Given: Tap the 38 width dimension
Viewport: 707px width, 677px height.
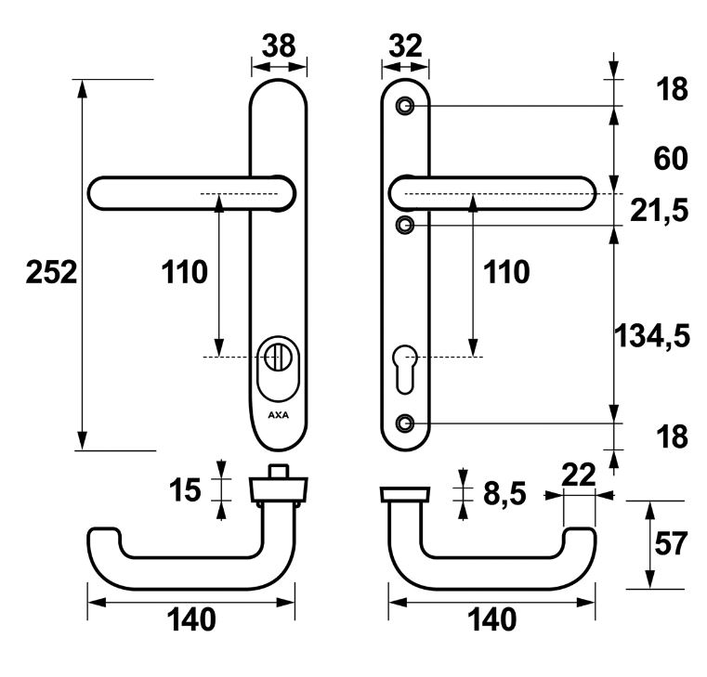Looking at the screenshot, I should tap(278, 44).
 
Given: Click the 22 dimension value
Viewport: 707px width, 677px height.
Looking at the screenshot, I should tap(578, 475).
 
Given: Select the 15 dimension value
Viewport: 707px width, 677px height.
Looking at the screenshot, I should tap(186, 489).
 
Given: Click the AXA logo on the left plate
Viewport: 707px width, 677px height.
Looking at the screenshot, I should tap(278, 415).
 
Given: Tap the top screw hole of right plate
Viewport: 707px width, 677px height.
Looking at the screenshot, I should tap(404, 106).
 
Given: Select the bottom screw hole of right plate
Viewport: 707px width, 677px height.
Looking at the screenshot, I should tap(404, 423).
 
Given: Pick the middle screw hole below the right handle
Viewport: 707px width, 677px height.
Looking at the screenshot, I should tap(404, 225).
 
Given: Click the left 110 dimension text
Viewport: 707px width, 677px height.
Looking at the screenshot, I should tap(184, 272).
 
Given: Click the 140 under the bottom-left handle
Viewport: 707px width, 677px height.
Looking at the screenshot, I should tap(191, 619).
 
